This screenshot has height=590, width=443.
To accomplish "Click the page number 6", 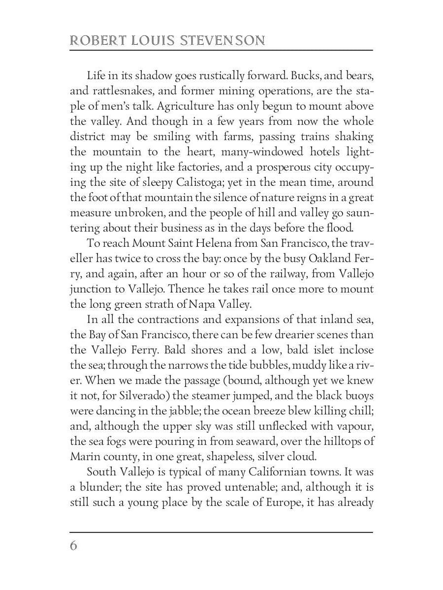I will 74,546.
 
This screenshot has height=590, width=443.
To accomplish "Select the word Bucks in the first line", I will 305,76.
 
